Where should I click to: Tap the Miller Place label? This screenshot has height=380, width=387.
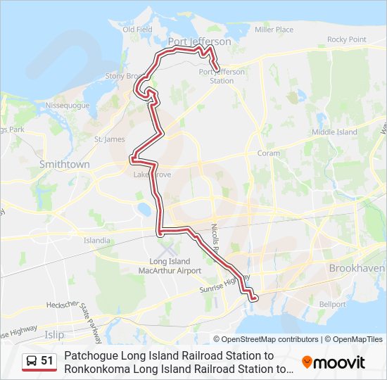pyautogui.click(x=274, y=30)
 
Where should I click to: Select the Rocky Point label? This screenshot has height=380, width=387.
pyautogui.click(x=346, y=39)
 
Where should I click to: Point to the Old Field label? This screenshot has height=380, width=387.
pyautogui.click(x=137, y=30)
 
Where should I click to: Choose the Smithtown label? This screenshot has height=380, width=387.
pyautogui.click(x=65, y=164)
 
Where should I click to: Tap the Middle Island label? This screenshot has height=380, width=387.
pyautogui.click(x=334, y=132)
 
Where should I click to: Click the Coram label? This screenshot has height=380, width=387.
pyautogui.click(x=268, y=153)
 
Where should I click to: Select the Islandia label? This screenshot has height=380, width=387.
pyautogui.click(x=97, y=240)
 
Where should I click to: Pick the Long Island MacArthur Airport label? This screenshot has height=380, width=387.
pyautogui.click(x=170, y=266)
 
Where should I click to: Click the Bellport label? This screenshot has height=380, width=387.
pyautogui.click(x=332, y=304)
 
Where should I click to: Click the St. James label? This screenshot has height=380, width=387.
pyautogui.click(x=109, y=139)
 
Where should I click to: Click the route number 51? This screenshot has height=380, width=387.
pyautogui.click(x=47, y=361)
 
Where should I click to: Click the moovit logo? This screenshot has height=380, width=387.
pyautogui.click(x=334, y=362)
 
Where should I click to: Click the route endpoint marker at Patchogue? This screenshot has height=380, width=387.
pyautogui.click(x=254, y=298)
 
